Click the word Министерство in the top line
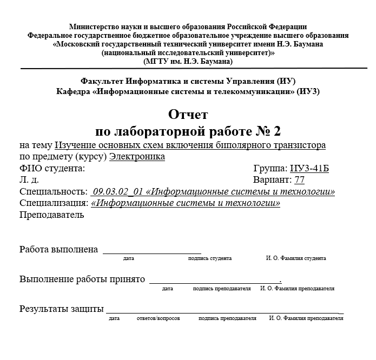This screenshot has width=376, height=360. (93, 27)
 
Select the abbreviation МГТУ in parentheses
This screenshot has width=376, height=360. (153, 61)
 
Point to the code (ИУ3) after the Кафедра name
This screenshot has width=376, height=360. (308, 91)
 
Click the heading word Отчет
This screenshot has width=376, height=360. (188, 115)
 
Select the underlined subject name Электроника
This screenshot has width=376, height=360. (137, 157)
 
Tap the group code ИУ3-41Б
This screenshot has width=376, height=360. (309, 168)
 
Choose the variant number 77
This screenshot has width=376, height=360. (299, 180)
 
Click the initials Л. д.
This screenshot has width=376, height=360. (29, 180)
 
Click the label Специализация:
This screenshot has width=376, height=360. (54, 203)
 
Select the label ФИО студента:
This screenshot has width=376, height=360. (52, 168)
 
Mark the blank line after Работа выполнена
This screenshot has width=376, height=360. (152, 251)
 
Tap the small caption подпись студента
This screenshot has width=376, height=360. (210, 259)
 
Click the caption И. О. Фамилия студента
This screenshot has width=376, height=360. (296, 259)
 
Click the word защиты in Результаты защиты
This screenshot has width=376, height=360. (88, 309)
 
